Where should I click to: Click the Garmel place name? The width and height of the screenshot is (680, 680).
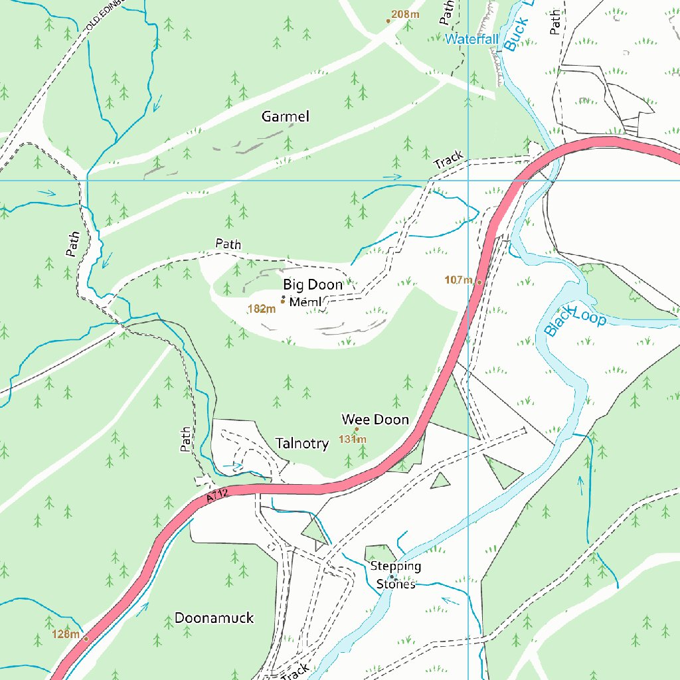tap(286, 117)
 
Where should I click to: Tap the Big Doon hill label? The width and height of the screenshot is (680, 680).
tap(313, 285)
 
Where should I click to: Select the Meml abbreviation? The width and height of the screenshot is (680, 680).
tap(305, 302)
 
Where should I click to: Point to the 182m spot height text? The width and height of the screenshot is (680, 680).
tap(261, 309)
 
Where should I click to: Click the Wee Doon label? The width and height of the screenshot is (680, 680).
tap(375, 420)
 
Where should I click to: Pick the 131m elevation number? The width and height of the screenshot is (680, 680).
tap(352, 439)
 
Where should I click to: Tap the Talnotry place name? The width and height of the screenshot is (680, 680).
tap(302, 444)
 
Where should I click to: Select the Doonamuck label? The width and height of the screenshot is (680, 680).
tap(214, 618)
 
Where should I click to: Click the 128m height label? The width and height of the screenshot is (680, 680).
tap(66, 634)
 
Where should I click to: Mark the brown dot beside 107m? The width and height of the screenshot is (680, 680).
tap(479, 282)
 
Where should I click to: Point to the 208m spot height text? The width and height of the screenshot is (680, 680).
tap(405, 15)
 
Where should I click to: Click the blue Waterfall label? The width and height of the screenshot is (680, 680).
tap(471, 40)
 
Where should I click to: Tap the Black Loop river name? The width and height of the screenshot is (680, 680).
tap(575, 319)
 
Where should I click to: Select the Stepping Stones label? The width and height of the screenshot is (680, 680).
tap(396, 575)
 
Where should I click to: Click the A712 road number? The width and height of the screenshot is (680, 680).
tap(217, 495)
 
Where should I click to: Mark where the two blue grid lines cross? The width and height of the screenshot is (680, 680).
tap(468, 180)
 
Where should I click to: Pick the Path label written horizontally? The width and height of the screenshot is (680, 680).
tap(228, 244)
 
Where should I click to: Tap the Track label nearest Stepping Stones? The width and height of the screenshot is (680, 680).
tap(295, 671)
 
